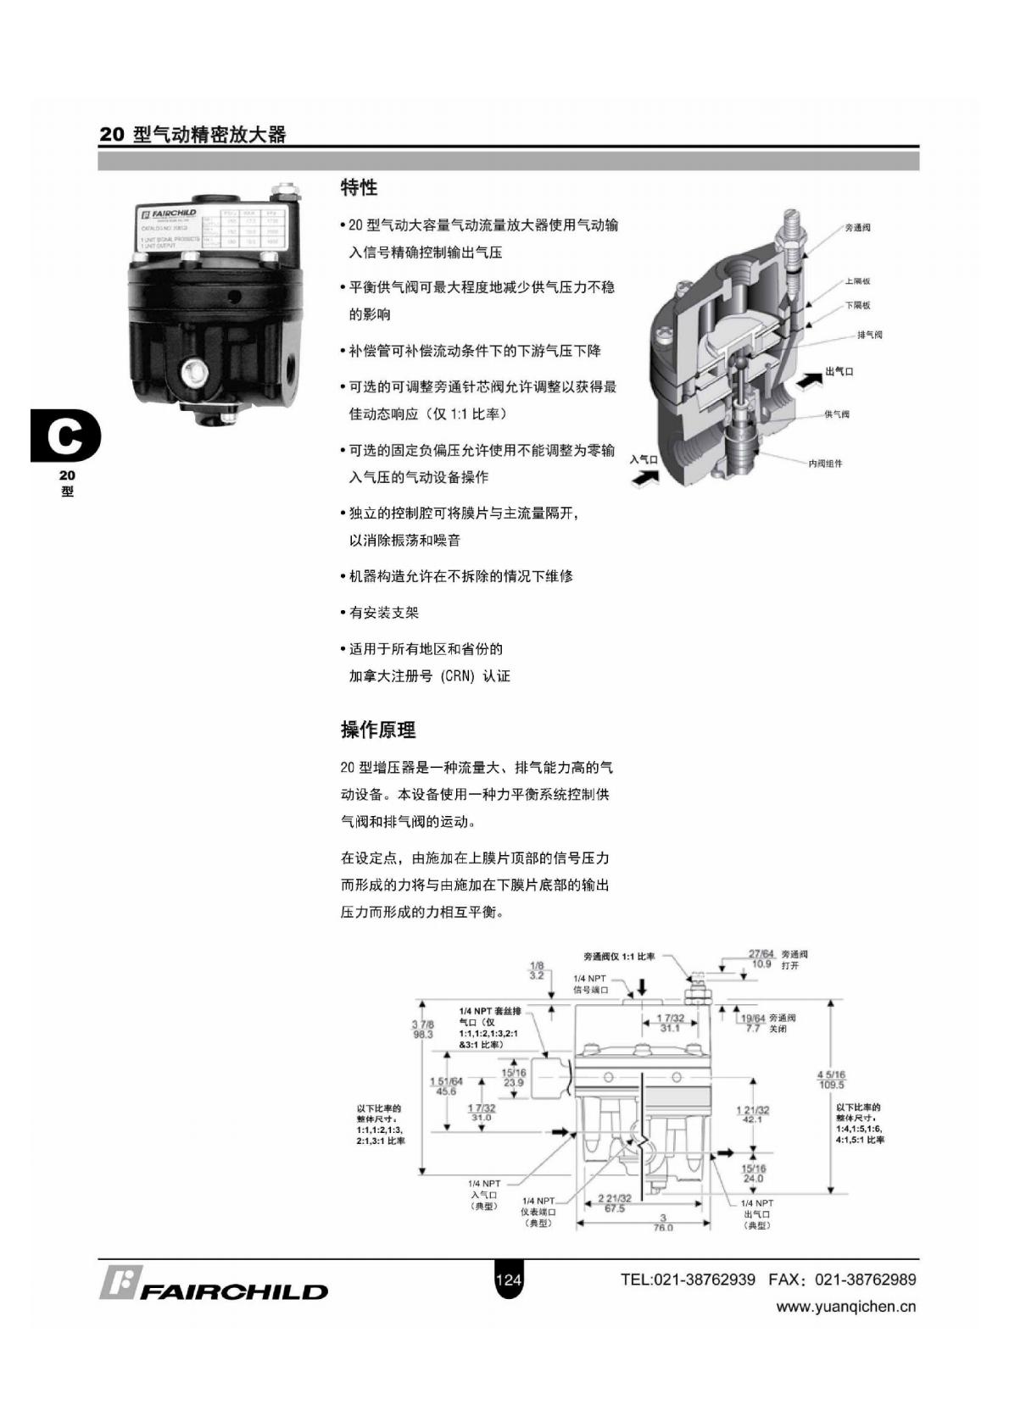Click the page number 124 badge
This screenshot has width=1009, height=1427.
coord(508,1280)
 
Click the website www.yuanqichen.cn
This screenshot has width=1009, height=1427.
coord(846,1307)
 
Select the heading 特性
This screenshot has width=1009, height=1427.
coord(359,187)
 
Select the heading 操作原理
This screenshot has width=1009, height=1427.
coord(378,730)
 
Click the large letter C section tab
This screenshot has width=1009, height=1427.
coord(65,436)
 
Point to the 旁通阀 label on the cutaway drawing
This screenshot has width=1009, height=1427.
coord(858,228)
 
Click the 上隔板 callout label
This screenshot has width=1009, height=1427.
coord(857,281)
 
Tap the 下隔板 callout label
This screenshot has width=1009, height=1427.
coord(857,305)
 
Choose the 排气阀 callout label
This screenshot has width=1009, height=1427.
coord(869,335)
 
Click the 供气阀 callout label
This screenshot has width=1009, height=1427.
coord(837,414)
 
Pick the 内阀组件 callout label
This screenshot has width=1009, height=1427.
coord(825,464)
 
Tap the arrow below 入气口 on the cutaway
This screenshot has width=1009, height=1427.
coord(646,479)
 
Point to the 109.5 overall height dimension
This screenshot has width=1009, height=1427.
coord(831,1085)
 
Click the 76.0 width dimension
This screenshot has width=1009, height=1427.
coord(663,1227)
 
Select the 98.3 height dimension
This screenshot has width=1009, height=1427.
coord(422,1035)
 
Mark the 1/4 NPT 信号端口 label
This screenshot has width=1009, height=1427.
coord(591,985)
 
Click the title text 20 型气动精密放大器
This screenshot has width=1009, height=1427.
coord(193,135)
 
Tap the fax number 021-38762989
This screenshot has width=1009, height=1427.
coord(865,1280)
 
